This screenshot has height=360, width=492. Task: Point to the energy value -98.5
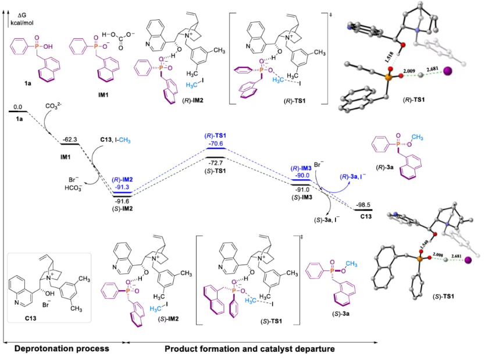pyautogui.click(x=363, y=205)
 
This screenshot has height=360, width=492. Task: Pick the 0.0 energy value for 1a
pyautogui.click(x=17, y=107)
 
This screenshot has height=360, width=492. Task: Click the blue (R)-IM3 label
pyautogui.click(x=301, y=168)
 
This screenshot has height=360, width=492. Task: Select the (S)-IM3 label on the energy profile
pyautogui.click(x=301, y=197)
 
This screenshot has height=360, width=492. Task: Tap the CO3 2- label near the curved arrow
pyautogui.click(x=53, y=107)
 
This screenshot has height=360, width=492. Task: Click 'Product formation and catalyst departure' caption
pyautogui.click(x=249, y=348)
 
